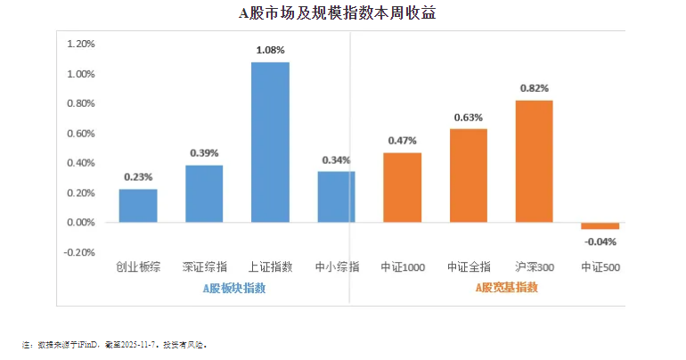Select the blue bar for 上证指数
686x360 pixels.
click(270, 142)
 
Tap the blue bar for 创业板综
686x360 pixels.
click(138, 206)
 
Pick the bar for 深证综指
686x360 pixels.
click(204, 193)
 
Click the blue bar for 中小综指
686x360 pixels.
click(336, 197)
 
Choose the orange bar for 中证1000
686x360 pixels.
click(403, 187)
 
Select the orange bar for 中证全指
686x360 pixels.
click(469, 176)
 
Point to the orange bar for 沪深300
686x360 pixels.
click(535, 161)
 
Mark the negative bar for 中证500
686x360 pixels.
click(600, 226)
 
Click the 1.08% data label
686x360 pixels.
click(270, 51)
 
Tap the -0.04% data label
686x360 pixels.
click(600, 241)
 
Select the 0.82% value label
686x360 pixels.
click(535, 88)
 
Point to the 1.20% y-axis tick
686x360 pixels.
click(80, 44)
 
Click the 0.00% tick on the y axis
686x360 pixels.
click(80, 223)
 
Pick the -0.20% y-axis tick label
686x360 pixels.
click(79, 252)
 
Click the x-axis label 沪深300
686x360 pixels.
click(535, 266)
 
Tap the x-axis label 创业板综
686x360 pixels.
click(138, 266)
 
